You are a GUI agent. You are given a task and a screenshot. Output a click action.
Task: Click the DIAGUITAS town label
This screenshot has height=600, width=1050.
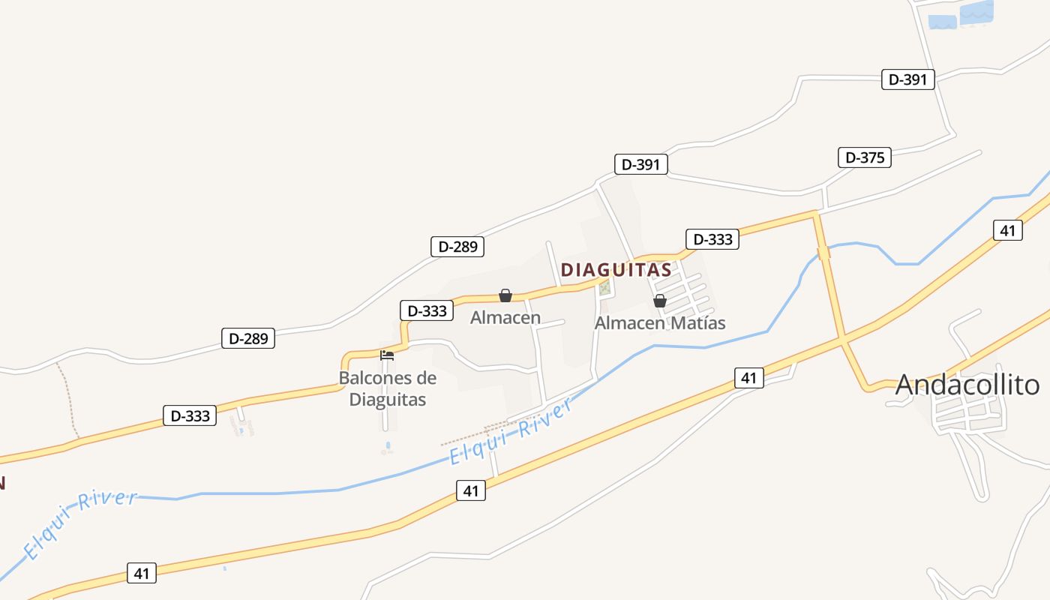pos(616,270)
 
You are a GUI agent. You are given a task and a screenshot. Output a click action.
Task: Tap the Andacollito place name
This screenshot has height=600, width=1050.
pos(967,385)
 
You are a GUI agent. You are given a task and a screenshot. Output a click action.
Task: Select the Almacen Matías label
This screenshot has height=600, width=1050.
pos(660,323)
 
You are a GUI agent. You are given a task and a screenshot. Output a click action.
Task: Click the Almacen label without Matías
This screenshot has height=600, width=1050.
pos(505,318)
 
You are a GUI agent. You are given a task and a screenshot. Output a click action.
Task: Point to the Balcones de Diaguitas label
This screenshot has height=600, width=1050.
pos(387,388)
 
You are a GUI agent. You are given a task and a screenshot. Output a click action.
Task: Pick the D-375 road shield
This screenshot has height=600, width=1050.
pos(864,157)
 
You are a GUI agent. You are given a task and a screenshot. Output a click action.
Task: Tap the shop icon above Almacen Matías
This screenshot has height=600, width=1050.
pos(660,301)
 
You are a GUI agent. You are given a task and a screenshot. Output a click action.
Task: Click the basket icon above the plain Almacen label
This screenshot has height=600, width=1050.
pos(505,295)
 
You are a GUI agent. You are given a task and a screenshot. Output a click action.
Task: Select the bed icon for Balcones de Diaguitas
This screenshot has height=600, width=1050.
pos(387,355)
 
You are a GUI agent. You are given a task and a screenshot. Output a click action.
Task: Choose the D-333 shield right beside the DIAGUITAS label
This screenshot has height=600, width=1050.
pos(712,239)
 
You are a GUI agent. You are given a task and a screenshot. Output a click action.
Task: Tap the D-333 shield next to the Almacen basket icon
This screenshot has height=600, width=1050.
pos(427,310)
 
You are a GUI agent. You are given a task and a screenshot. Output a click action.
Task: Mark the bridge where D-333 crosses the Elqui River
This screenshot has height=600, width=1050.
pos(823,253)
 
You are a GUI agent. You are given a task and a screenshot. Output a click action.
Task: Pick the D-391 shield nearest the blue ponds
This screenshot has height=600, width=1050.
pos(907,79)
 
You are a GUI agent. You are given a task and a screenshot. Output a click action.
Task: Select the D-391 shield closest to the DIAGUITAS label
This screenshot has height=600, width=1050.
pos(640,164)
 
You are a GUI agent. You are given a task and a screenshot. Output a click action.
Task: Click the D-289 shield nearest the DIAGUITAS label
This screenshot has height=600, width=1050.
pos(457,246)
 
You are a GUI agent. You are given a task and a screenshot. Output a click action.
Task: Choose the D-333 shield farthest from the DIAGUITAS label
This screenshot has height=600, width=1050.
pos(190,415)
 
